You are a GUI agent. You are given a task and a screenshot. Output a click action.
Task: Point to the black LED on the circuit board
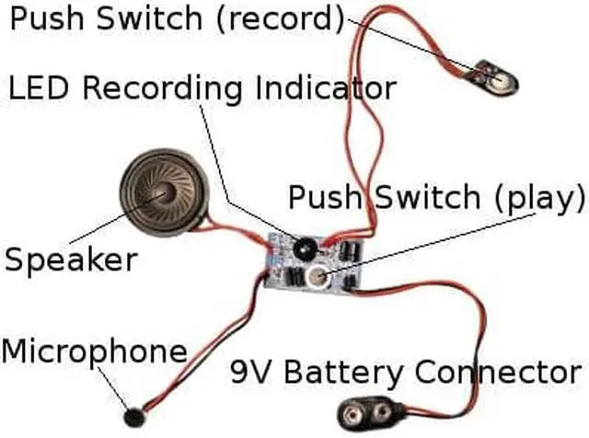tap(300, 245)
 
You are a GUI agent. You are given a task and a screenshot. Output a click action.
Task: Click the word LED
tap(41, 88)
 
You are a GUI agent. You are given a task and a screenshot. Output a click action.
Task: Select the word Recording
tap(165, 89)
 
